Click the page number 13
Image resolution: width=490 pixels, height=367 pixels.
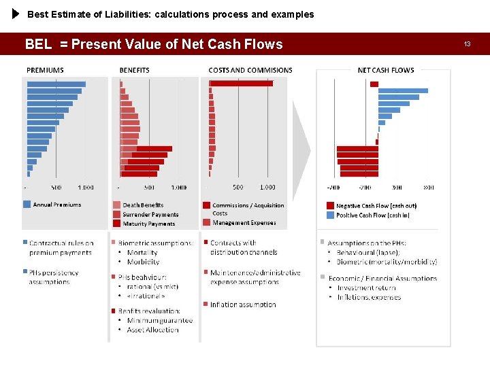point(467,44)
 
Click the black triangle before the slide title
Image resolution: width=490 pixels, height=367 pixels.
point(16,14)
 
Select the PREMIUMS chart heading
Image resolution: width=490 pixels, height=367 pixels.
point(45,70)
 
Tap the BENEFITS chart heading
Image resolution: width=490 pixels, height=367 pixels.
point(134,70)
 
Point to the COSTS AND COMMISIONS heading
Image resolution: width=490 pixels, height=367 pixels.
point(250,70)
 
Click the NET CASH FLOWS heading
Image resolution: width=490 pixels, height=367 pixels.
point(385,70)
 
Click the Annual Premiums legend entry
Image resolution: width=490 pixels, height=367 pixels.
point(56,205)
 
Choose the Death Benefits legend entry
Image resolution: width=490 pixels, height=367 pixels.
point(143,205)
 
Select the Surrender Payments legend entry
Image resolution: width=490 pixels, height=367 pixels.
point(150,214)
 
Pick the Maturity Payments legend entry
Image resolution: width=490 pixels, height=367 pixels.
point(148,224)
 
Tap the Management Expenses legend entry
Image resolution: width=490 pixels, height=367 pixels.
point(244,223)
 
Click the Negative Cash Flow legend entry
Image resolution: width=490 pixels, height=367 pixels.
point(376,205)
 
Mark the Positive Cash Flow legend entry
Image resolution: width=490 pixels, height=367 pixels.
point(373,215)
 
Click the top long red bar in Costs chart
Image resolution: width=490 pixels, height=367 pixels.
point(242,83)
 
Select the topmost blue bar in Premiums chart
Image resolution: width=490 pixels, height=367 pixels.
point(56,84)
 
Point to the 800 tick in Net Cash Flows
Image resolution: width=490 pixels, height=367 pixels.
point(429,188)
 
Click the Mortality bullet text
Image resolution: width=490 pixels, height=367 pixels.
point(142,252)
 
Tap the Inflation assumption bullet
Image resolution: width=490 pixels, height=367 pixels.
point(242,304)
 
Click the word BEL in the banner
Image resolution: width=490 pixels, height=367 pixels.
point(38,45)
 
